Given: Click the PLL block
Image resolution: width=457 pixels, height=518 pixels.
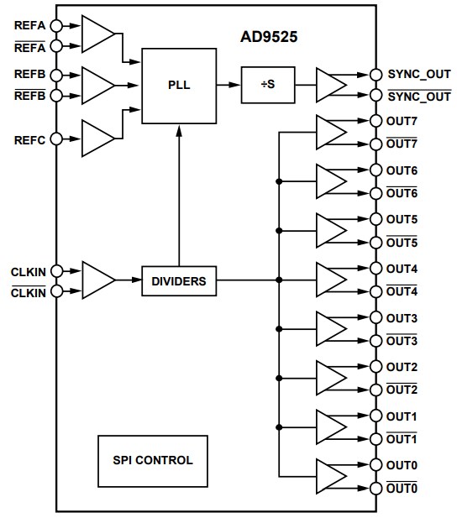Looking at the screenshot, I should click(x=179, y=85).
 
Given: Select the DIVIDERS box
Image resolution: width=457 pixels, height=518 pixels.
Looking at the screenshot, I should click(x=179, y=281).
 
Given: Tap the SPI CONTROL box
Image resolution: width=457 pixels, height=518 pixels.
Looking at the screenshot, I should click(x=153, y=460).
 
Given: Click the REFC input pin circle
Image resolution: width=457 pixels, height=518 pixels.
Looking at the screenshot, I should click(x=56, y=139).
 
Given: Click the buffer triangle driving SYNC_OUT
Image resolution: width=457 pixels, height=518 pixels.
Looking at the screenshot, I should click(x=329, y=85).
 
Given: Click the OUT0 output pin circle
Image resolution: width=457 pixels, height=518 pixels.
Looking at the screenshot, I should click(x=376, y=464).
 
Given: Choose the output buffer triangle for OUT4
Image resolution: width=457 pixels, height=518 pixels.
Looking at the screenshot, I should click(x=329, y=280).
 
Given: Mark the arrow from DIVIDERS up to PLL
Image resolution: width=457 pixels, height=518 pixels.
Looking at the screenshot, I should click(x=179, y=193).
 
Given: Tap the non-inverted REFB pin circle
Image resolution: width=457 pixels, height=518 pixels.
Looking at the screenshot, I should click(x=56, y=75).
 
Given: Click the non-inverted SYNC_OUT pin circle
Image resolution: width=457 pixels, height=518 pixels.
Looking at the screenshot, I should click(x=376, y=74).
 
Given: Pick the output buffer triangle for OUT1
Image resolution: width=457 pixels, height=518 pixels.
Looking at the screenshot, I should click(x=329, y=427).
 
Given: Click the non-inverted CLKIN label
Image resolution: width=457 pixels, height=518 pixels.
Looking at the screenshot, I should click(x=29, y=271).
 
